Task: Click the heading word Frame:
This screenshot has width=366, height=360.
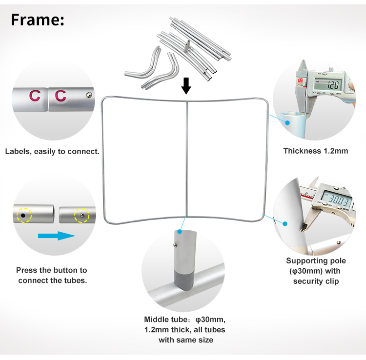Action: click(38, 20)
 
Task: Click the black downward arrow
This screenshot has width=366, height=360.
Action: click(186, 86)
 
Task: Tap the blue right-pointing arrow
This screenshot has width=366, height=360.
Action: click(57, 236)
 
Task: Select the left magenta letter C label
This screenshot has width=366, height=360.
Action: click(35, 96)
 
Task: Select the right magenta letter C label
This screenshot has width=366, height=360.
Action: click(61, 96)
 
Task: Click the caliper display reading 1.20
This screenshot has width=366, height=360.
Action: click(328, 84)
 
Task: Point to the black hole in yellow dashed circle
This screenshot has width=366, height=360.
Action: click(23, 215)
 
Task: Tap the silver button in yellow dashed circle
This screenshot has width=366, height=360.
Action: click(81, 215)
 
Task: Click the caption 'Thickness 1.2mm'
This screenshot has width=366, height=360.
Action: click(316, 151)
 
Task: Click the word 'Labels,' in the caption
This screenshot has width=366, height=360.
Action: click(19, 152)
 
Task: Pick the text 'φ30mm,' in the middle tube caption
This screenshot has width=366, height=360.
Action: click(210, 320)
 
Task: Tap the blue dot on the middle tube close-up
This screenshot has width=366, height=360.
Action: click(179, 232)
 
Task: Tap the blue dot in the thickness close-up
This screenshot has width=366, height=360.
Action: click(287, 122)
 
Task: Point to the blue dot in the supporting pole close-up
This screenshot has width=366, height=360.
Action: click(285, 224)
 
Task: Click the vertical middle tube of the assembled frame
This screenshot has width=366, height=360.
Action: click(186, 159)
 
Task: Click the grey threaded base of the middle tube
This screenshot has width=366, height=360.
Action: click(184, 280)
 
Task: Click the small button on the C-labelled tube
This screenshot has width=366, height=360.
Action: click(89, 95)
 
